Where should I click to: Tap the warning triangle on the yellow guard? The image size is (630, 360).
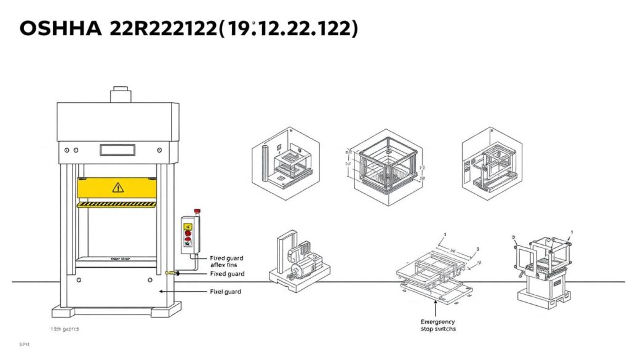118,188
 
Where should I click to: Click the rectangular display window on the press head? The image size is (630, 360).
117,149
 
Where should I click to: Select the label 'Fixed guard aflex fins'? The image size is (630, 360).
226,262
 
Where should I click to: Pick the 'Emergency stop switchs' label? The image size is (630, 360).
438,325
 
